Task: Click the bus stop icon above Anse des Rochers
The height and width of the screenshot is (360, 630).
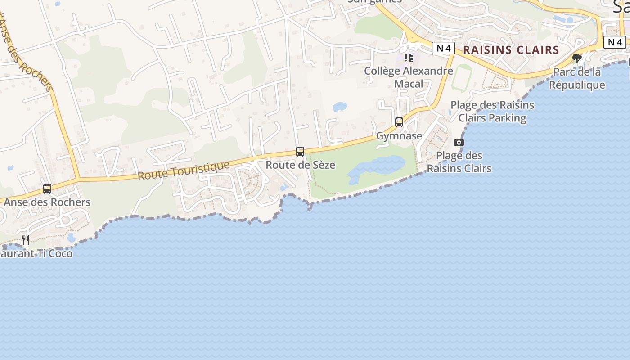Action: pyautogui.click(x=47, y=189)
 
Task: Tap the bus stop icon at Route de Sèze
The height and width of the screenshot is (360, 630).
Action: pyautogui.click(x=300, y=152)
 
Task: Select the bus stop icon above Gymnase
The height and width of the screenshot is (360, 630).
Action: pyautogui.click(x=399, y=122)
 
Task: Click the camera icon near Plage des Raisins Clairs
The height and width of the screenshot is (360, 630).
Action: pyautogui.click(x=459, y=143)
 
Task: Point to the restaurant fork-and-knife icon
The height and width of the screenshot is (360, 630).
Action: pyautogui.click(x=26, y=240)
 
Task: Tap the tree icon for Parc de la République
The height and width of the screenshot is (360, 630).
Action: pyautogui.click(x=576, y=58)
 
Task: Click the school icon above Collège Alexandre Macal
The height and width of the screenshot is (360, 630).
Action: pyautogui.click(x=409, y=58)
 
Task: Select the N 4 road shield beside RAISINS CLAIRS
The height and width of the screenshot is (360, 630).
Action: pyautogui.click(x=443, y=48)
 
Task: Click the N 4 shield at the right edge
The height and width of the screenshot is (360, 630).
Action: pyautogui.click(x=615, y=42)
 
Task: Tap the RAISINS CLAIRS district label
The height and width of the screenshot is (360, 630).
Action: pyautogui.click(x=511, y=50)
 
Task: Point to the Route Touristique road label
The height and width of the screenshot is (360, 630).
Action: pyautogui.click(x=184, y=171)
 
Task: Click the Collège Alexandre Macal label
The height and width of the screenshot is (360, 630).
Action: pyautogui.click(x=409, y=77)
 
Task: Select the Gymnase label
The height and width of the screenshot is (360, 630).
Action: pyautogui.click(x=399, y=136)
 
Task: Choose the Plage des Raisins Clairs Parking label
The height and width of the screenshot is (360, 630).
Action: pyautogui.click(x=492, y=112)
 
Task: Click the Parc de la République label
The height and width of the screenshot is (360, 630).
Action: pyautogui.click(x=577, y=78)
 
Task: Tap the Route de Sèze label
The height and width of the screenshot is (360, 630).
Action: pyautogui.click(x=300, y=165)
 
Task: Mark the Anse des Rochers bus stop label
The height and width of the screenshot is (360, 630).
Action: pyautogui.click(x=47, y=202)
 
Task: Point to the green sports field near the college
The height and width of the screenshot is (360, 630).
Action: pyautogui.click(x=461, y=78)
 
